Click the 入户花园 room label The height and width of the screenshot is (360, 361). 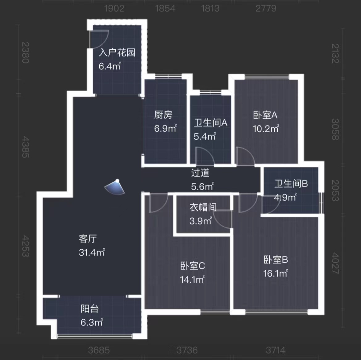point(117,52)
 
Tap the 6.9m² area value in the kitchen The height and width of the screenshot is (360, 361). point(165,128)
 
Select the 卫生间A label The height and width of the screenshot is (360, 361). point(211,123)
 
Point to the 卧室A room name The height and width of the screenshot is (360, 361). point(265,115)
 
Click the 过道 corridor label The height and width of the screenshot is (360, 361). point(200,173)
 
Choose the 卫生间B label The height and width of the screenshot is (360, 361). point(291,184)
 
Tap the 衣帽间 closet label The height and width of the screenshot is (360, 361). point(203,207)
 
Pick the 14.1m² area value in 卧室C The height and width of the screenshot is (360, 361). point(192,280)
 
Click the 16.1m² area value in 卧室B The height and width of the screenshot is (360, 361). point(275,273)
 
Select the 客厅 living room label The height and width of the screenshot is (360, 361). point(88,239)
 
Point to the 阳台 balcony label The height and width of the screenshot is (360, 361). point(90,309)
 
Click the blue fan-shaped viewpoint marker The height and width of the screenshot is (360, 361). point(115,187)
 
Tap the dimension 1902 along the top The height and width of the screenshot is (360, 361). point(114,8)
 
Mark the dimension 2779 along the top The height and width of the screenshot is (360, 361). point(266,8)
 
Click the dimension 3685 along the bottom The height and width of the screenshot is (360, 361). point(99,350)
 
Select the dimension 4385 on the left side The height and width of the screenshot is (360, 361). point(26,147)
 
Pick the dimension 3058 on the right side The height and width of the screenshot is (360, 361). point(335,129)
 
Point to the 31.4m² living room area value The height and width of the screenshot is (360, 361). point(92,252)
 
